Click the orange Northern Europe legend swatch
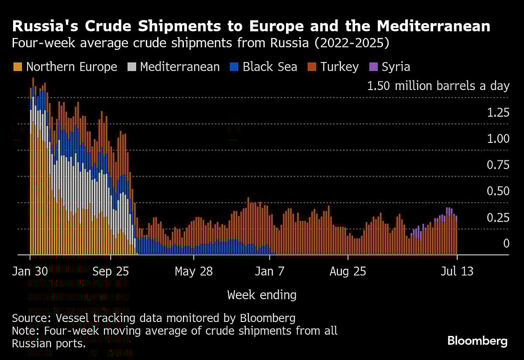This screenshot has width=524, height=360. [x=17, y=67]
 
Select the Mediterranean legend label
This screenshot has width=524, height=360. [x=180, y=67]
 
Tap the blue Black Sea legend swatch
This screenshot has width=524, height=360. [x=234, y=67]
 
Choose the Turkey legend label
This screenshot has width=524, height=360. [x=339, y=67]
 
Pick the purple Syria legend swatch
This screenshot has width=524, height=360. [x=373, y=67]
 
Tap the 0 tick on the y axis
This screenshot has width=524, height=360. [x=506, y=243]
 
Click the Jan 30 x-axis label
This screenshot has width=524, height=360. [x=30, y=271]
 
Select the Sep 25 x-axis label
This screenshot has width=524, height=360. [x=111, y=271]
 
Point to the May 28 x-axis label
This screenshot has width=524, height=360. [x=193, y=271]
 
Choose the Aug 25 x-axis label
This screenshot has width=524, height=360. [x=348, y=271]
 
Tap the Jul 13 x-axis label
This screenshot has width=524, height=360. [x=456, y=271]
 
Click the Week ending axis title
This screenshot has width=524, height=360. [x=262, y=295]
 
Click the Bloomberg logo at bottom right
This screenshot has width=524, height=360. [x=477, y=341]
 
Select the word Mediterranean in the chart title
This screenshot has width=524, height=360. [x=433, y=27]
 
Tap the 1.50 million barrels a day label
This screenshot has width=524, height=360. [x=438, y=86]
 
